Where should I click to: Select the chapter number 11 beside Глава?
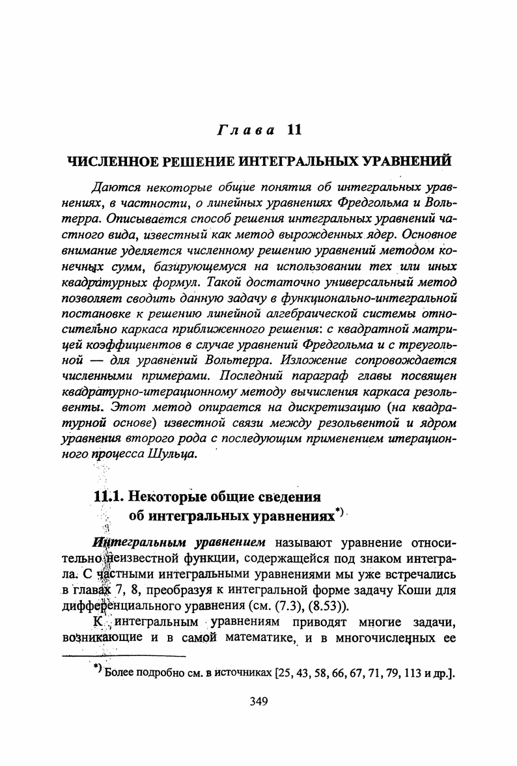pos(293,130)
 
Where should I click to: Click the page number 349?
pos(258,701)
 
